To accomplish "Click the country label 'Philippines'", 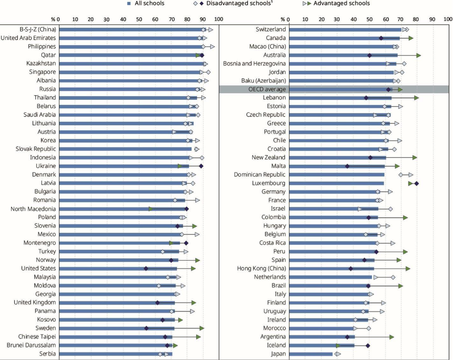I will [x=42, y=46].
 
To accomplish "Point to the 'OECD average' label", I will [x=267, y=89].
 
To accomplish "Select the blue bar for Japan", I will [x=310, y=354].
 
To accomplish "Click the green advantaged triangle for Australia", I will [x=418, y=55].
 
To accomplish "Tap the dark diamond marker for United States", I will [x=146, y=268].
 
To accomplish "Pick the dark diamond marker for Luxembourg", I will [x=417, y=183].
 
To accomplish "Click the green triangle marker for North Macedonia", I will [x=151, y=209].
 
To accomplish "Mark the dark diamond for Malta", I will [x=347, y=166].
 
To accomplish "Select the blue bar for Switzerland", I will [x=345, y=29].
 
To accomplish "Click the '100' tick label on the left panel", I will [x=218, y=20].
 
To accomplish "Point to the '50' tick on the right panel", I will [x=369, y=20].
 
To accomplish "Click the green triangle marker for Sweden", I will [x=202, y=328].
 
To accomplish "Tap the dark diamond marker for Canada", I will [x=381, y=38].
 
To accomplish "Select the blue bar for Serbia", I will [x=115, y=354].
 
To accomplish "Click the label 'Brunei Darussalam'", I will [x=31, y=345].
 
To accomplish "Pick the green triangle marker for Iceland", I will [x=338, y=345].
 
